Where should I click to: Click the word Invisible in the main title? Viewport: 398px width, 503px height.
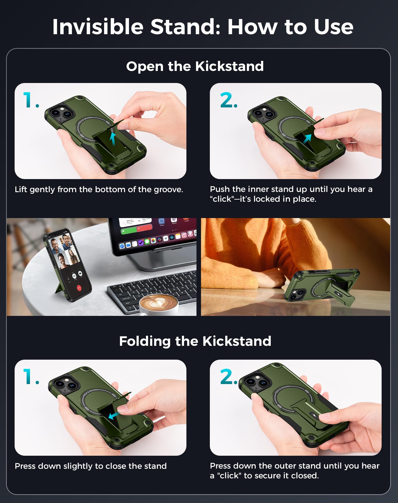click(x=98, y=27)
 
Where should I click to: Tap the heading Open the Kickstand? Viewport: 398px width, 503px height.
click(x=195, y=66)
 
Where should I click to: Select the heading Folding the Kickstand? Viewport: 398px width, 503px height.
click(x=195, y=341)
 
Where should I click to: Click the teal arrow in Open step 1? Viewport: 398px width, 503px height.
click(x=113, y=139)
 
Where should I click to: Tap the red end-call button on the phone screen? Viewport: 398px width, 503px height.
click(x=79, y=288)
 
